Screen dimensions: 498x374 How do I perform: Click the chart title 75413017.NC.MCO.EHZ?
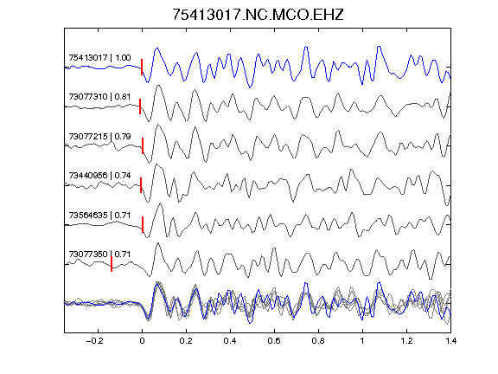[x=258, y=15]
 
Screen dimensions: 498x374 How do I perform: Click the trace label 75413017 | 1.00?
[x=99, y=57]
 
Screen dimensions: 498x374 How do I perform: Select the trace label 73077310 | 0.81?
[x=99, y=97]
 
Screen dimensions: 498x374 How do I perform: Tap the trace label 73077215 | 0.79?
[x=99, y=137]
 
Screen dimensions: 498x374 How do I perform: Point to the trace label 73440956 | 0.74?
[x=99, y=176]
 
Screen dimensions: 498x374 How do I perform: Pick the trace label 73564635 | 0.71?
[x=99, y=216]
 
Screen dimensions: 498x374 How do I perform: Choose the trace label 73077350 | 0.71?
[x=99, y=255]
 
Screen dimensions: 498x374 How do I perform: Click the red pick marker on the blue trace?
[x=142, y=68]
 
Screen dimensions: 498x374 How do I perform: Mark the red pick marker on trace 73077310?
[x=140, y=106]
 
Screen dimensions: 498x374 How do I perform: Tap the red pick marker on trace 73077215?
[x=143, y=145]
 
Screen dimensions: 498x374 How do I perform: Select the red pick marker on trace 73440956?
[x=141, y=185]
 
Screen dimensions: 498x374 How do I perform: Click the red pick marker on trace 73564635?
[x=143, y=224]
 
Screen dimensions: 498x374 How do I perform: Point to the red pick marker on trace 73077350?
[x=112, y=264]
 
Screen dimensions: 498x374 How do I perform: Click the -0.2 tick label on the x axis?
[x=95, y=341]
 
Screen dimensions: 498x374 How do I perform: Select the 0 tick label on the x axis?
[x=142, y=341]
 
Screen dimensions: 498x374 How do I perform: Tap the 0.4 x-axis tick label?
[x=230, y=341]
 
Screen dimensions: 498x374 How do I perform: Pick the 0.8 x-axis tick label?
[x=318, y=341]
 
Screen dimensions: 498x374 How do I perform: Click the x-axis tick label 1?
[x=362, y=341]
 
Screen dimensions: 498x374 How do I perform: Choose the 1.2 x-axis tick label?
[x=406, y=341]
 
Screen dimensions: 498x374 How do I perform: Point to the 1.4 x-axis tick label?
[x=450, y=341]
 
